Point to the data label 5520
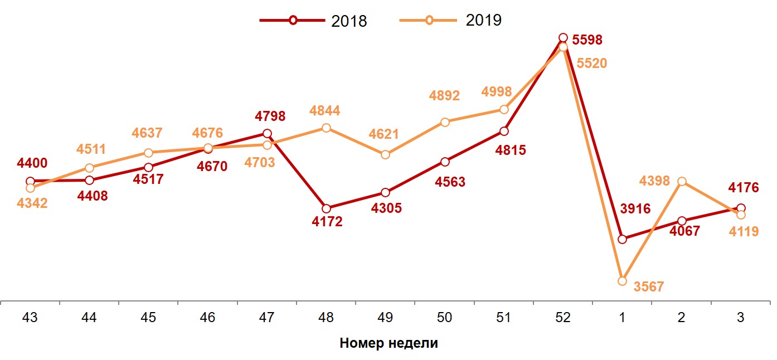click(591, 63)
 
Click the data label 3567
click(649, 286)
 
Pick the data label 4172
click(327, 221)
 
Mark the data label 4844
click(324, 111)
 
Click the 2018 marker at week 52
click(563, 38)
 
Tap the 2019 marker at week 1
click(622, 281)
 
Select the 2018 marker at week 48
click(326, 208)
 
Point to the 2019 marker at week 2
click(681, 181)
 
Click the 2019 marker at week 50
click(445, 122)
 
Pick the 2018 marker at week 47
click(267, 133)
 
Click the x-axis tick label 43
click(30, 318)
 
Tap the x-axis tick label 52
click(562, 318)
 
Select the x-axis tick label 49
click(385, 318)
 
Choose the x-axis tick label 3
click(740, 318)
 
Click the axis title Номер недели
click(388, 343)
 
